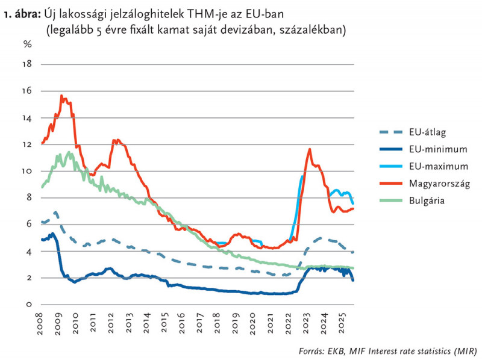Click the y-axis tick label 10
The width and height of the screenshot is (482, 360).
(27, 171)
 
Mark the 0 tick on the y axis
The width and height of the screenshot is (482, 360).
(28, 305)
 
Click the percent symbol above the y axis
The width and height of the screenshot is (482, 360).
(27, 44)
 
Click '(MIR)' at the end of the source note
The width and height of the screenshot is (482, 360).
(463, 350)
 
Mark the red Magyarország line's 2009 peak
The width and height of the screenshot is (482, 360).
(61, 95)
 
